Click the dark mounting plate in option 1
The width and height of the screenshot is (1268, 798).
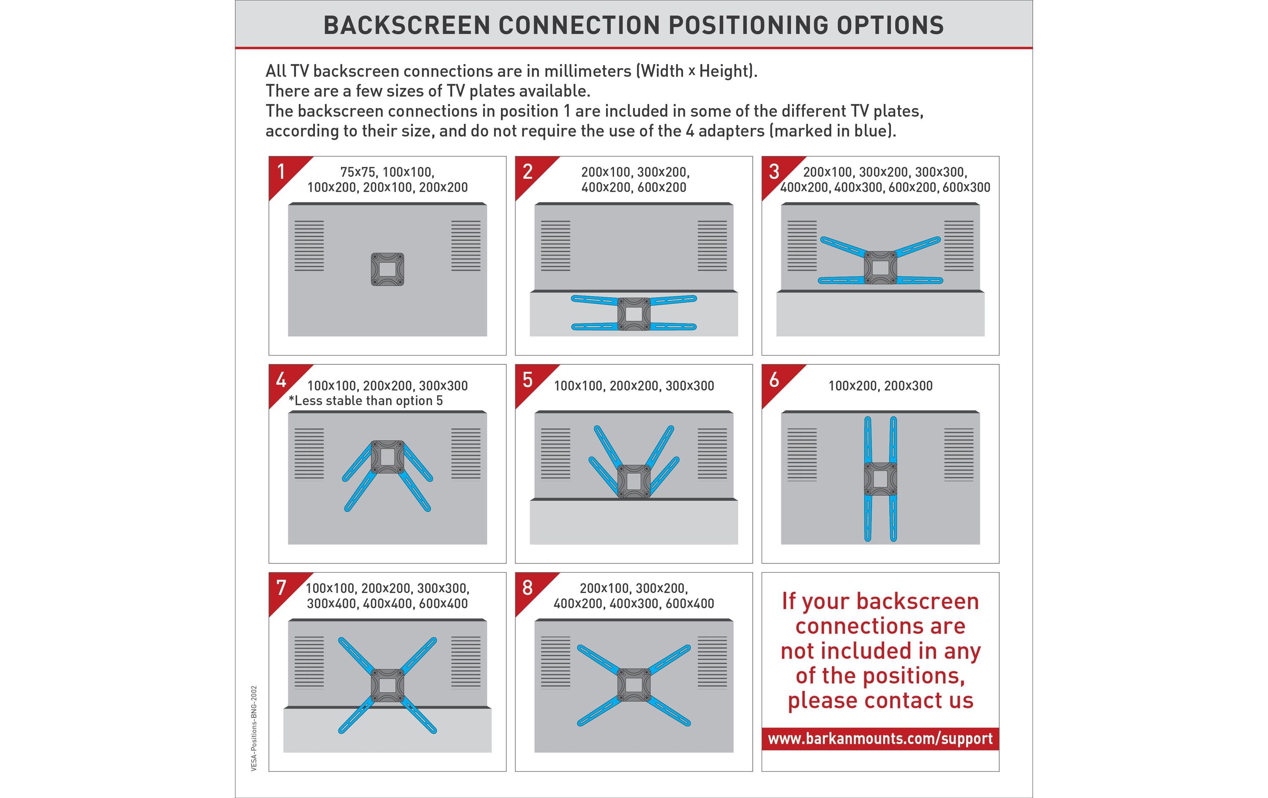point(388,269)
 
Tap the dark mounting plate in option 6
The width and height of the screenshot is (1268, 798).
point(880,479)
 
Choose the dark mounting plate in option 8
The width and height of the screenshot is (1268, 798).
point(634,685)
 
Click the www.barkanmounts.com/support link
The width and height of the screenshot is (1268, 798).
point(880,738)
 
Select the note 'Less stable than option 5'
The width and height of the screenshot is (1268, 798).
point(366,401)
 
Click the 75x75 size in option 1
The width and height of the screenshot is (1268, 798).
point(358,172)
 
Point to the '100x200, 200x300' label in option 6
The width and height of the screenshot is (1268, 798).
point(880,385)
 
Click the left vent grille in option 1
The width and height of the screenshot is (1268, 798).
point(309,246)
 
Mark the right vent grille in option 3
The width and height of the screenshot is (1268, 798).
point(959,246)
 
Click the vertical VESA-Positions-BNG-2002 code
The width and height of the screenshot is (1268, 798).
point(254,729)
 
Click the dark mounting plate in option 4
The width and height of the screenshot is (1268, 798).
point(388,456)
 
